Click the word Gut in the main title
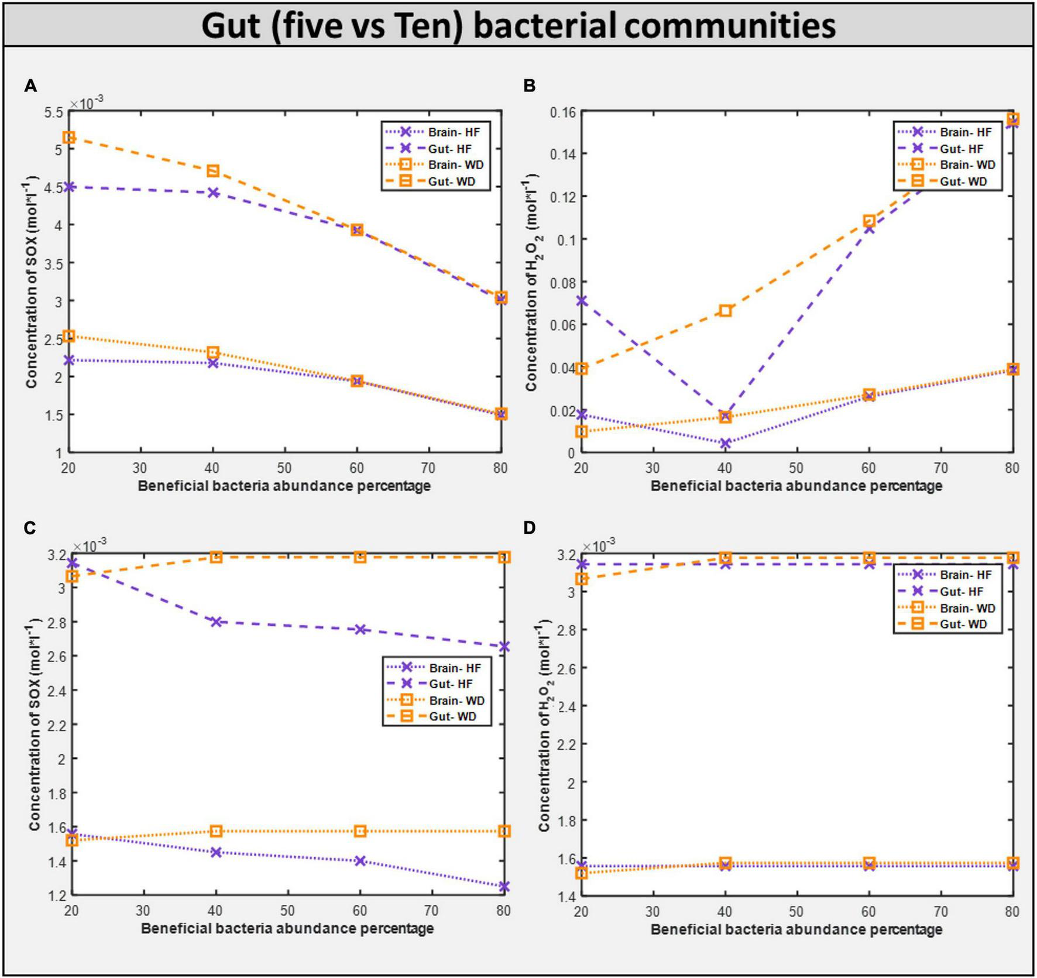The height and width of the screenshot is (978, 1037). click(231, 26)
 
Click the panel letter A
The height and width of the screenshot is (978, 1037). click(30, 87)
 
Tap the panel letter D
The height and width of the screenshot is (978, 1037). click(529, 528)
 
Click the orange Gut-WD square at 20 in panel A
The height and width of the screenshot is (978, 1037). click(69, 138)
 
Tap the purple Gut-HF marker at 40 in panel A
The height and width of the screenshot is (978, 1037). click(213, 193)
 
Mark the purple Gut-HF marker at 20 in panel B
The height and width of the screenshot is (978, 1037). click(581, 301)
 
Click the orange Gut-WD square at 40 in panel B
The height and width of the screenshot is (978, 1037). click(725, 311)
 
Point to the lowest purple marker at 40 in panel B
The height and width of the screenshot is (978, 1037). click(725, 443)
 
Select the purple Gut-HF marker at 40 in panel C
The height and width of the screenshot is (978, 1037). click(216, 622)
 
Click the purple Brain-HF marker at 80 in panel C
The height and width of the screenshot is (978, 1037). click(504, 887)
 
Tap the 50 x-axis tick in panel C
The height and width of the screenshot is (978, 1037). click(287, 911)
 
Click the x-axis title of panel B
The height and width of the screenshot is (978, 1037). click(796, 486)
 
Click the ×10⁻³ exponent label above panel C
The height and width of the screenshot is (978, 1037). click(89, 545)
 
